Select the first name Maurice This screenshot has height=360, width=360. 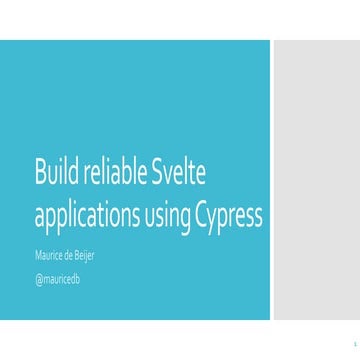tap(50, 255)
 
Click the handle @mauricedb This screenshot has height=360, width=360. tap(57, 278)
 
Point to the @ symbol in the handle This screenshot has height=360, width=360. tap(38, 278)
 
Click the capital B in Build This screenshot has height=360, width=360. tap(40, 174)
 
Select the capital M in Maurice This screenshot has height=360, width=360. tap(38, 255)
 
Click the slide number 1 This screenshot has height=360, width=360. tap(342, 339)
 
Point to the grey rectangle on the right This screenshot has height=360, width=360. tap(316, 180)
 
